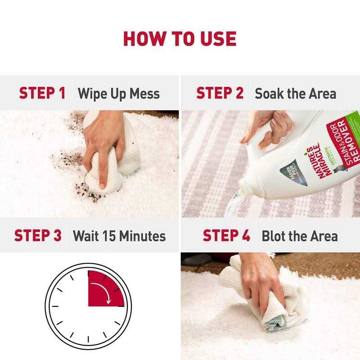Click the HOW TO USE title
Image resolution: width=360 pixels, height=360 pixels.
point(180,39)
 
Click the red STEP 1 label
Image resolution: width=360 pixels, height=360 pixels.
point(42,93)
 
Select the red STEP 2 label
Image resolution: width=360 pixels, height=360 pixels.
point(220,93)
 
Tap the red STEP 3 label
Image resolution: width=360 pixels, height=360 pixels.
point(38,235)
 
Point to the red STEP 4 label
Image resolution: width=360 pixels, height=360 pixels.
point(226,235)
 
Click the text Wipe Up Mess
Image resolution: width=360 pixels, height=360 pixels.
point(119,94)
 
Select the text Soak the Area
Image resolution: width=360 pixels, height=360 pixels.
point(295,94)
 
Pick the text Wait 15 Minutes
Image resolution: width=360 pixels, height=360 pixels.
point(119,236)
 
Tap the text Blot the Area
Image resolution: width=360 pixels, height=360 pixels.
point(300,236)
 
